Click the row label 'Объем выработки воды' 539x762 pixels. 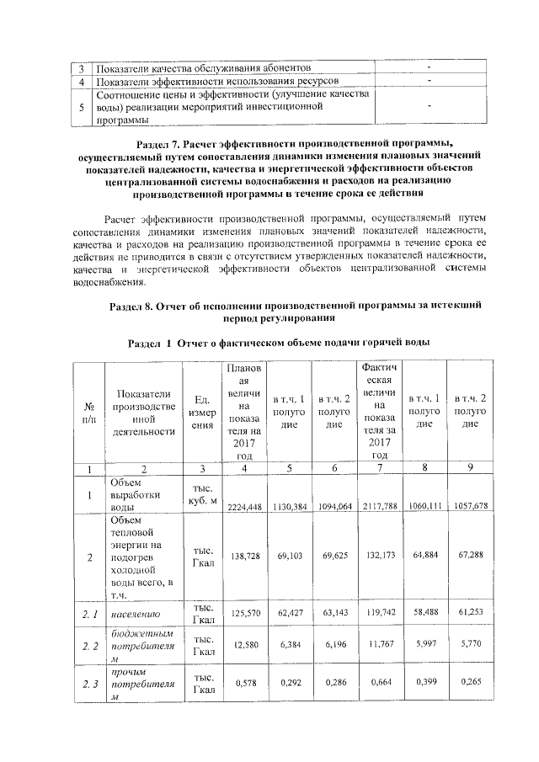coord(133,496)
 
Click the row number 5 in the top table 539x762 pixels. coord(81,108)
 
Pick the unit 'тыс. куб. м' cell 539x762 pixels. coord(201,496)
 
